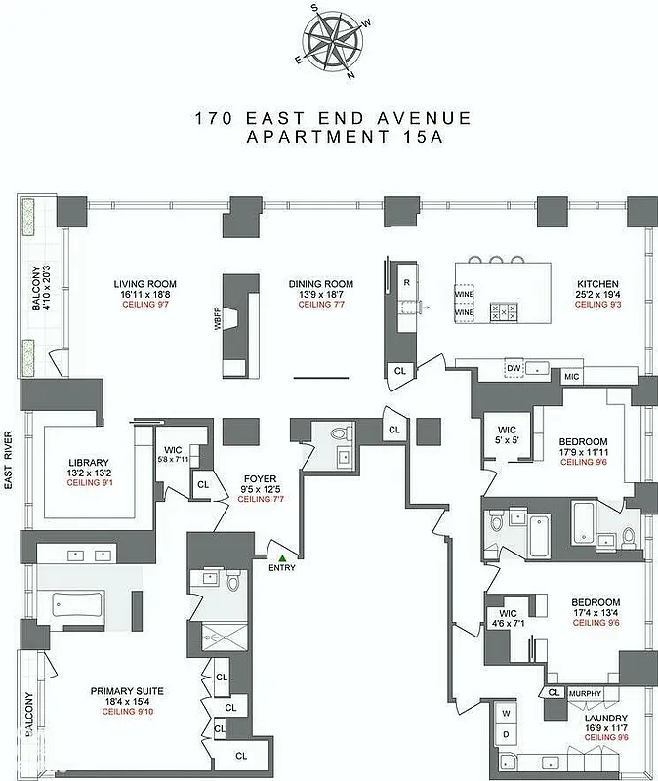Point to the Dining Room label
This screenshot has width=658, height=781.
pyautogui.click(x=320, y=284)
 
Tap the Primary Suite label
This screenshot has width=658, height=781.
pyautogui.click(x=127, y=691)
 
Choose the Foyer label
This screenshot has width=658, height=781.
pyautogui.click(x=260, y=478)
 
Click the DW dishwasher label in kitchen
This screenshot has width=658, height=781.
pyautogui.click(x=513, y=368)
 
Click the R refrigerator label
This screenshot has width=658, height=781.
pyautogui.click(x=404, y=281)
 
